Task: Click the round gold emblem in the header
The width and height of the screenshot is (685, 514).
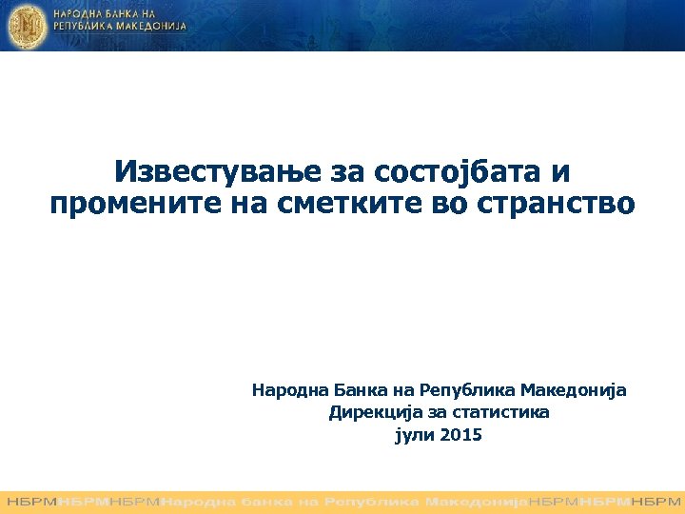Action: [x=26, y=25]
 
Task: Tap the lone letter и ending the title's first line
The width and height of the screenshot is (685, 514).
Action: [x=561, y=172]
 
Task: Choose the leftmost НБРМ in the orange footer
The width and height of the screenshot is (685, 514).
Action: [x=30, y=501]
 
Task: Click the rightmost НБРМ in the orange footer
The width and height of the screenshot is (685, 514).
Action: [x=656, y=501]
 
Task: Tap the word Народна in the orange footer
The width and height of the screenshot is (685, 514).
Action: [x=202, y=501]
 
